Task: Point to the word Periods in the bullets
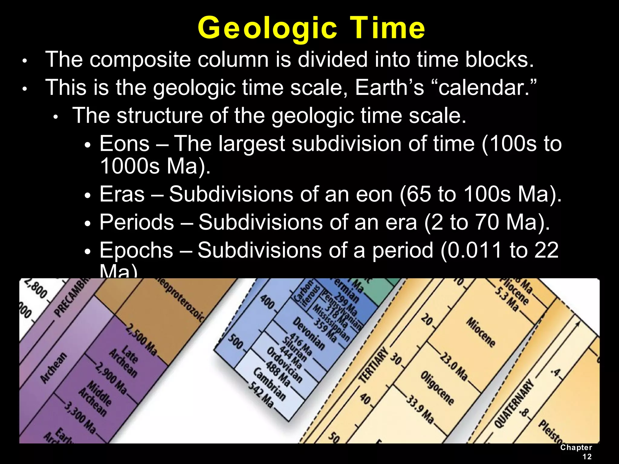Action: click(137, 222)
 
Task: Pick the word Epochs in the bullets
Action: click(136, 250)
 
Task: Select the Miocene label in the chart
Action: click(481, 332)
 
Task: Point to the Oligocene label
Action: click(437, 388)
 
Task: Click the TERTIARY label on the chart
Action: click(373, 366)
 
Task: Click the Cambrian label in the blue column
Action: click(269, 384)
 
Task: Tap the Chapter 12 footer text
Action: click(576, 452)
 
